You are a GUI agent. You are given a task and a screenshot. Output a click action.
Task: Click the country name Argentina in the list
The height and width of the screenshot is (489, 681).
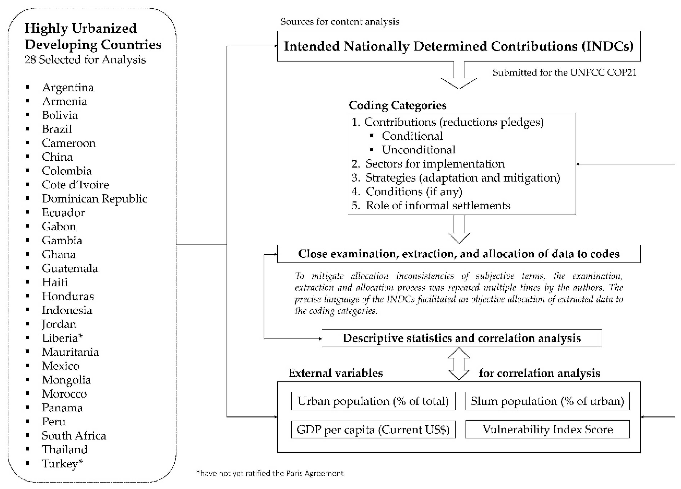68,87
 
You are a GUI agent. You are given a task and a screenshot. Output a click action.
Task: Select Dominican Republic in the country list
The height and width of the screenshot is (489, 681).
94,199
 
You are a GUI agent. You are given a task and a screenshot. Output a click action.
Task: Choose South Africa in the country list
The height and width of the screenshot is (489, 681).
74,436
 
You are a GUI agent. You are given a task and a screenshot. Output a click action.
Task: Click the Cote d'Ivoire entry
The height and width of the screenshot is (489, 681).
75,185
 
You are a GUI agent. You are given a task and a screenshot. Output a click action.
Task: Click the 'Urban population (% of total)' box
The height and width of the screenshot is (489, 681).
373,401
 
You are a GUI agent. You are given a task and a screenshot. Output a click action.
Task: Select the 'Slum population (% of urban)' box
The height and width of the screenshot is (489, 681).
547,401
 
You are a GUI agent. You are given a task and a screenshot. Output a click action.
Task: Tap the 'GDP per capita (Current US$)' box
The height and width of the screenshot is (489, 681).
373,430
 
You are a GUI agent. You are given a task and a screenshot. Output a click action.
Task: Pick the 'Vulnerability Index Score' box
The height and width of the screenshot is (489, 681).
547,430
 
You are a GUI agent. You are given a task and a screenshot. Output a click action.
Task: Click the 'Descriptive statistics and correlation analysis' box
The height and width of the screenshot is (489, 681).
462,338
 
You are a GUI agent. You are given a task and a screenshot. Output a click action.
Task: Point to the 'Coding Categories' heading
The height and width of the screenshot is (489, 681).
397,105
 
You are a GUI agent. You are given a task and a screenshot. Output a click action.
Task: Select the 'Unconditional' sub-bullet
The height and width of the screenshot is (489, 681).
418,150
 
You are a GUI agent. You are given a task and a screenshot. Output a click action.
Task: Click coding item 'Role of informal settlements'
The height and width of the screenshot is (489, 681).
438,205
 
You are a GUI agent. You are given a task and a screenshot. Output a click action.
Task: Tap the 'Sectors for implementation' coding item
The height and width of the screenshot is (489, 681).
435,164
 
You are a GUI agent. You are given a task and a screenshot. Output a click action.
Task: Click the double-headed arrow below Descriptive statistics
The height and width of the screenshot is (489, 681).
459,364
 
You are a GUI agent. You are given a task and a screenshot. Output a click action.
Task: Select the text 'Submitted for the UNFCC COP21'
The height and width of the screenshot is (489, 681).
564,73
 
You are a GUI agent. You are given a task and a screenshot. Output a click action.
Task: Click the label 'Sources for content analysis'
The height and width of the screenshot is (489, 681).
340,22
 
